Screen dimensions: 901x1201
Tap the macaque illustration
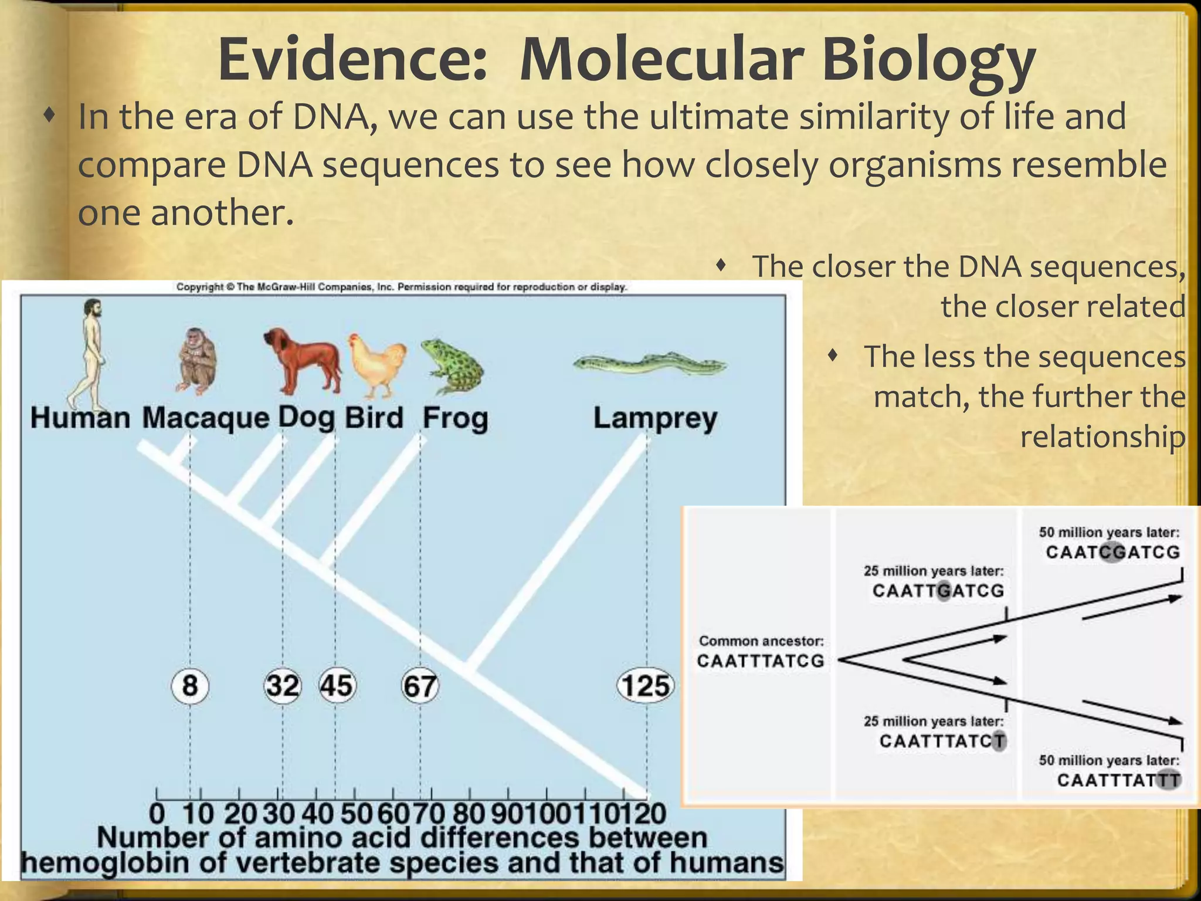tap(196, 360)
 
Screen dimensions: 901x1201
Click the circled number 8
tap(189, 685)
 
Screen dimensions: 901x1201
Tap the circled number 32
tap(283, 685)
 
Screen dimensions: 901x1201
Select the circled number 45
tap(337, 685)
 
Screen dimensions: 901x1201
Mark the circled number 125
tap(646, 685)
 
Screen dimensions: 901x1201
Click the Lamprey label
tap(655, 419)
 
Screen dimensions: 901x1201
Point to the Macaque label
tap(205, 419)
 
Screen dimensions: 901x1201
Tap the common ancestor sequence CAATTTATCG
tap(761, 661)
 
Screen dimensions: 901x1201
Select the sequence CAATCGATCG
tap(1112, 552)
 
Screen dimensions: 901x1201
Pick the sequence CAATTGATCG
tap(938, 590)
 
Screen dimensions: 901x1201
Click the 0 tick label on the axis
tap(157, 814)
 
